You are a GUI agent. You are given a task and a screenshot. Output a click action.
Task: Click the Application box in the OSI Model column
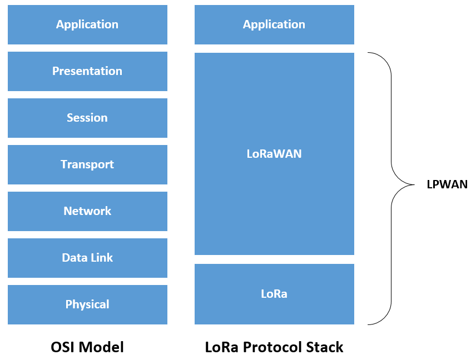click(87, 24)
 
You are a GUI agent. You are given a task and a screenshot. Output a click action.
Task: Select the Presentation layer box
click(87, 71)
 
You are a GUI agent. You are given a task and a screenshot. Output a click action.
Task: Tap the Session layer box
click(87, 118)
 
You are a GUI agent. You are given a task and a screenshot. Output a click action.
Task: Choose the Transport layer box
click(87, 164)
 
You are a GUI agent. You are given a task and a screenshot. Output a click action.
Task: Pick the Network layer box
click(87, 211)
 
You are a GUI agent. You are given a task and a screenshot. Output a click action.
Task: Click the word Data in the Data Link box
click(73, 258)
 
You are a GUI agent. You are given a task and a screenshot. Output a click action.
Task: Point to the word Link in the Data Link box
click(101, 258)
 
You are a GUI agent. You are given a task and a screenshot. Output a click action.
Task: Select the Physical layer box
click(87, 304)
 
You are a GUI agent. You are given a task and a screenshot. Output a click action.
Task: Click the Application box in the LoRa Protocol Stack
click(274, 24)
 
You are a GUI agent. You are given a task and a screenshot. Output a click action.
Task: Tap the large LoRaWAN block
click(274, 154)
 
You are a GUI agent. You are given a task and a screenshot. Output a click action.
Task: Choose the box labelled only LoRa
click(274, 294)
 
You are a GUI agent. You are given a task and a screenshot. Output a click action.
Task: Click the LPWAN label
click(447, 185)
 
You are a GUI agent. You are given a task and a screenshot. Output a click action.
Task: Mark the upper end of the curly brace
click(369, 53)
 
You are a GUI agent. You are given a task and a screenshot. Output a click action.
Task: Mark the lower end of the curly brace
click(369, 324)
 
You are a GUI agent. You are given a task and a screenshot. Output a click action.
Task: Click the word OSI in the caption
click(62, 347)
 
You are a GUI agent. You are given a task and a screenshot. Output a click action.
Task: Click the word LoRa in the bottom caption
click(221, 347)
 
